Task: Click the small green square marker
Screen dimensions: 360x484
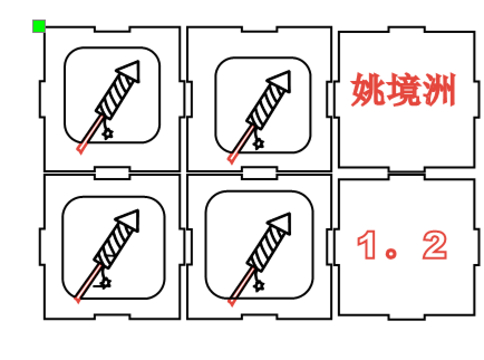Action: [x=38, y=26]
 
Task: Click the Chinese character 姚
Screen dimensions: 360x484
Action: [x=368, y=90]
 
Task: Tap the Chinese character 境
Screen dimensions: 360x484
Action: [x=403, y=90]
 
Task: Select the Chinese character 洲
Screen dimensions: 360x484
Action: [x=438, y=90]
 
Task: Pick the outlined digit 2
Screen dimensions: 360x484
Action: [x=434, y=246]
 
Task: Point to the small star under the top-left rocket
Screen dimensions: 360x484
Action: [x=108, y=133]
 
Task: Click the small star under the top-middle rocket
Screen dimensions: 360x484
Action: [x=258, y=143]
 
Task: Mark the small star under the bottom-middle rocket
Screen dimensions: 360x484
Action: [x=258, y=285]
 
